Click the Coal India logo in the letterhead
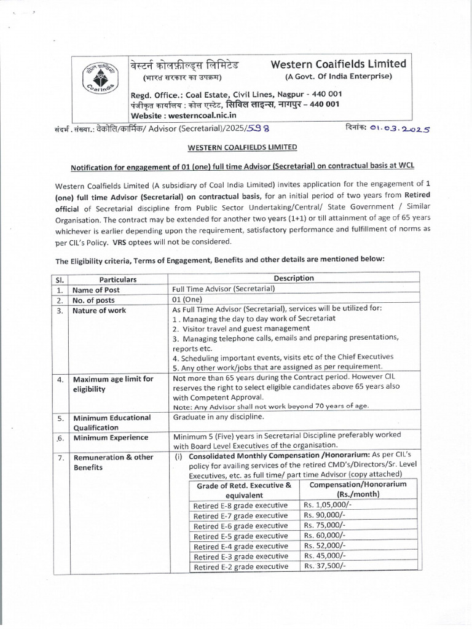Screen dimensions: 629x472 99,84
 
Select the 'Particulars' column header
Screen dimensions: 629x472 118,279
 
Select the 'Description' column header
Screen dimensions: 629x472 294,278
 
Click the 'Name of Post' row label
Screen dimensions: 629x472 96,290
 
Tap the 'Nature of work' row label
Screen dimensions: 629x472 99,311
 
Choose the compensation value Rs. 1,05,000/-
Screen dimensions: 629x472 327,504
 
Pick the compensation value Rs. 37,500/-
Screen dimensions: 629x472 324,566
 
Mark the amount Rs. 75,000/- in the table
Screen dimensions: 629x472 324,525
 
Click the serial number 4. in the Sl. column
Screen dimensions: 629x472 60,380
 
